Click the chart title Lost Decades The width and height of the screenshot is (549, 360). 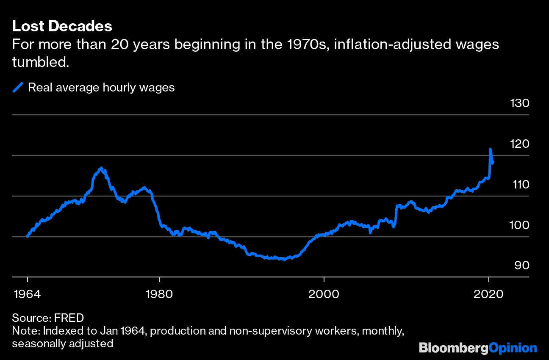(62, 26)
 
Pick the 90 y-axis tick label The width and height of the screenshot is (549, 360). (521, 265)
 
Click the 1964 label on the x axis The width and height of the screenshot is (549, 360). (28, 294)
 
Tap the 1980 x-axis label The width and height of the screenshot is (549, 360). (159, 294)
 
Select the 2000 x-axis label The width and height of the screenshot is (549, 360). (324, 294)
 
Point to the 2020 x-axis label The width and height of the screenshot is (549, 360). (489, 294)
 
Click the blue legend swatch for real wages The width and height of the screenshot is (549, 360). (18, 88)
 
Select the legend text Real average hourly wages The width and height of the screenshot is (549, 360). (101, 88)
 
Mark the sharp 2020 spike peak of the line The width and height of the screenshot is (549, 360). (490, 150)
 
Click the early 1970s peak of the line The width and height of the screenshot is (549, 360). (101, 168)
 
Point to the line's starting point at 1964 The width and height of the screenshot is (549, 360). (28, 236)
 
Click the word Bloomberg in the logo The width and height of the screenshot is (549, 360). (453, 348)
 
